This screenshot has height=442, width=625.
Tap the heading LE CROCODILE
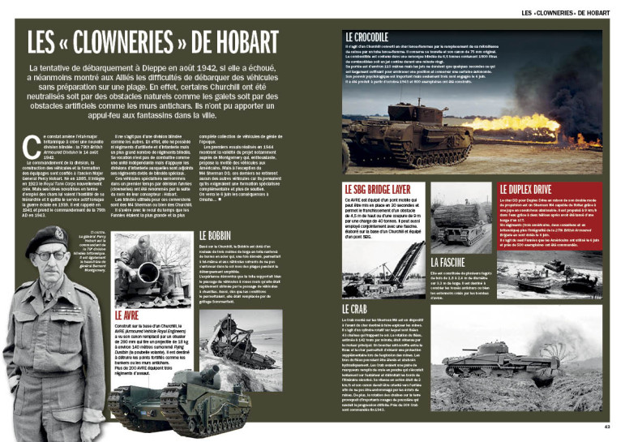point(366,36)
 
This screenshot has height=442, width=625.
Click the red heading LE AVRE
point(132,313)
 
